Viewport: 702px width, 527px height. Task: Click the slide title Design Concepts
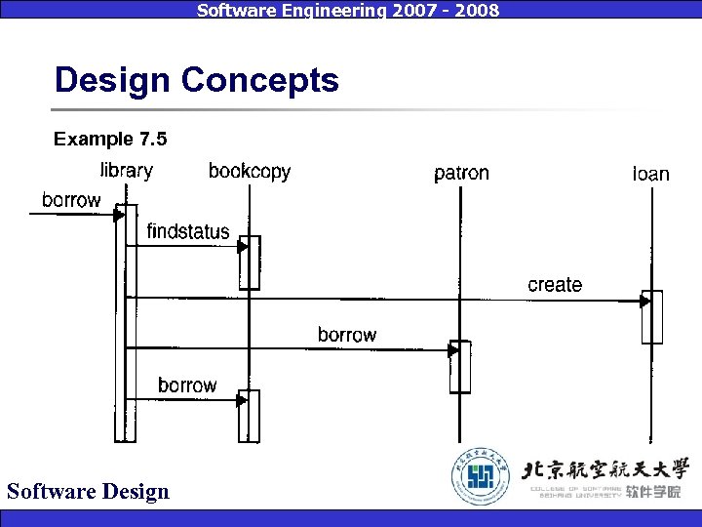click(196, 80)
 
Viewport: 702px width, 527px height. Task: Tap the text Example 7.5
click(110, 140)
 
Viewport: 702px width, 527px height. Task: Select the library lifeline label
click(127, 171)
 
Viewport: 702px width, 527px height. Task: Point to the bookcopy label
click(250, 172)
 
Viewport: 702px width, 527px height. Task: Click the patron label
click(461, 174)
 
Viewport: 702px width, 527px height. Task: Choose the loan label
click(651, 174)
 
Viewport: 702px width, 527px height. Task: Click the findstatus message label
click(188, 231)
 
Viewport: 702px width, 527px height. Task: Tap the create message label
click(555, 285)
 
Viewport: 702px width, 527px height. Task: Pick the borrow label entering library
click(71, 200)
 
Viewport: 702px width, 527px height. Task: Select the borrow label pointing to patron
click(347, 335)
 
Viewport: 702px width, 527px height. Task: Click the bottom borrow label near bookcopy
click(187, 385)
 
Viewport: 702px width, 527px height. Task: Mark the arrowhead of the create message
click(644, 302)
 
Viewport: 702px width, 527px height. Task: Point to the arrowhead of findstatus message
click(244, 247)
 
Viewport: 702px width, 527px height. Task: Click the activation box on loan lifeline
click(652, 317)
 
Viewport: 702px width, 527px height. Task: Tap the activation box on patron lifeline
click(460, 366)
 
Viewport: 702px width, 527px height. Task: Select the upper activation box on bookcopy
click(251, 263)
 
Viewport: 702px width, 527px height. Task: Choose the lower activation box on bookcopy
click(251, 416)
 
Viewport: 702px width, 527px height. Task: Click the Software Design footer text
click(88, 491)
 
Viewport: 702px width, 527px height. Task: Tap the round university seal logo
click(480, 478)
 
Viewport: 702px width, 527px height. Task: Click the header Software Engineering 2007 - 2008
click(348, 10)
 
